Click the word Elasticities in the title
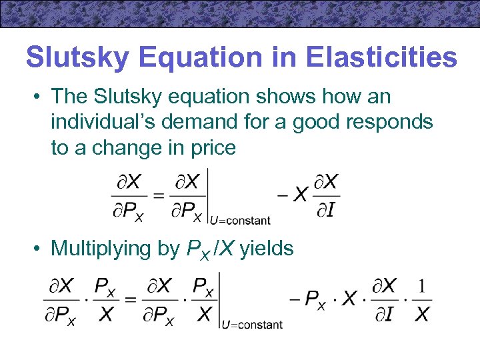click(x=382, y=57)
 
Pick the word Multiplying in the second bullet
click(x=107, y=249)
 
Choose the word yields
click(x=266, y=249)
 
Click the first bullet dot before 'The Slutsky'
click(x=38, y=97)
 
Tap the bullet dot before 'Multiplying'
click(x=38, y=249)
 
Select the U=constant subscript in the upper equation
click(x=240, y=219)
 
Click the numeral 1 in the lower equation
click(x=421, y=287)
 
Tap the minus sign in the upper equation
click(x=282, y=195)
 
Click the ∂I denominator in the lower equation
click(x=385, y=315)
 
